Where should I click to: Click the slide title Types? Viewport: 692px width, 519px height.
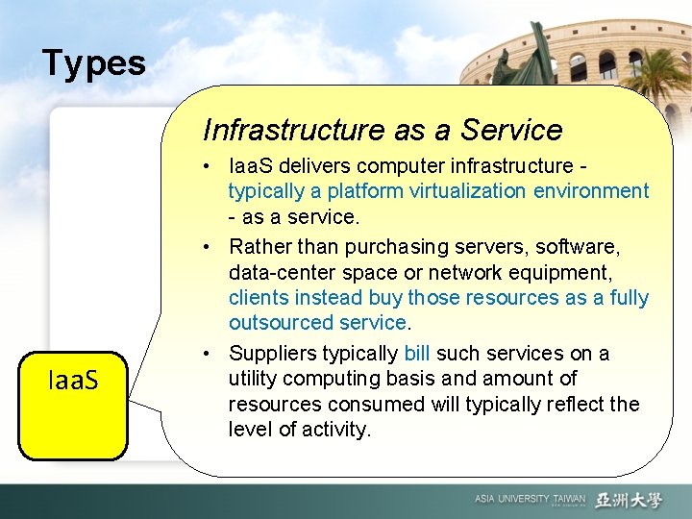pos(94,64)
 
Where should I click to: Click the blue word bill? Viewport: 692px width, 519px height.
pos(417,353)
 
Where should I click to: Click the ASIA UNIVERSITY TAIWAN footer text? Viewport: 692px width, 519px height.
pos(529,500)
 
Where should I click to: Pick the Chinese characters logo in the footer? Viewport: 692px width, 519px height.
pos(629,500)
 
